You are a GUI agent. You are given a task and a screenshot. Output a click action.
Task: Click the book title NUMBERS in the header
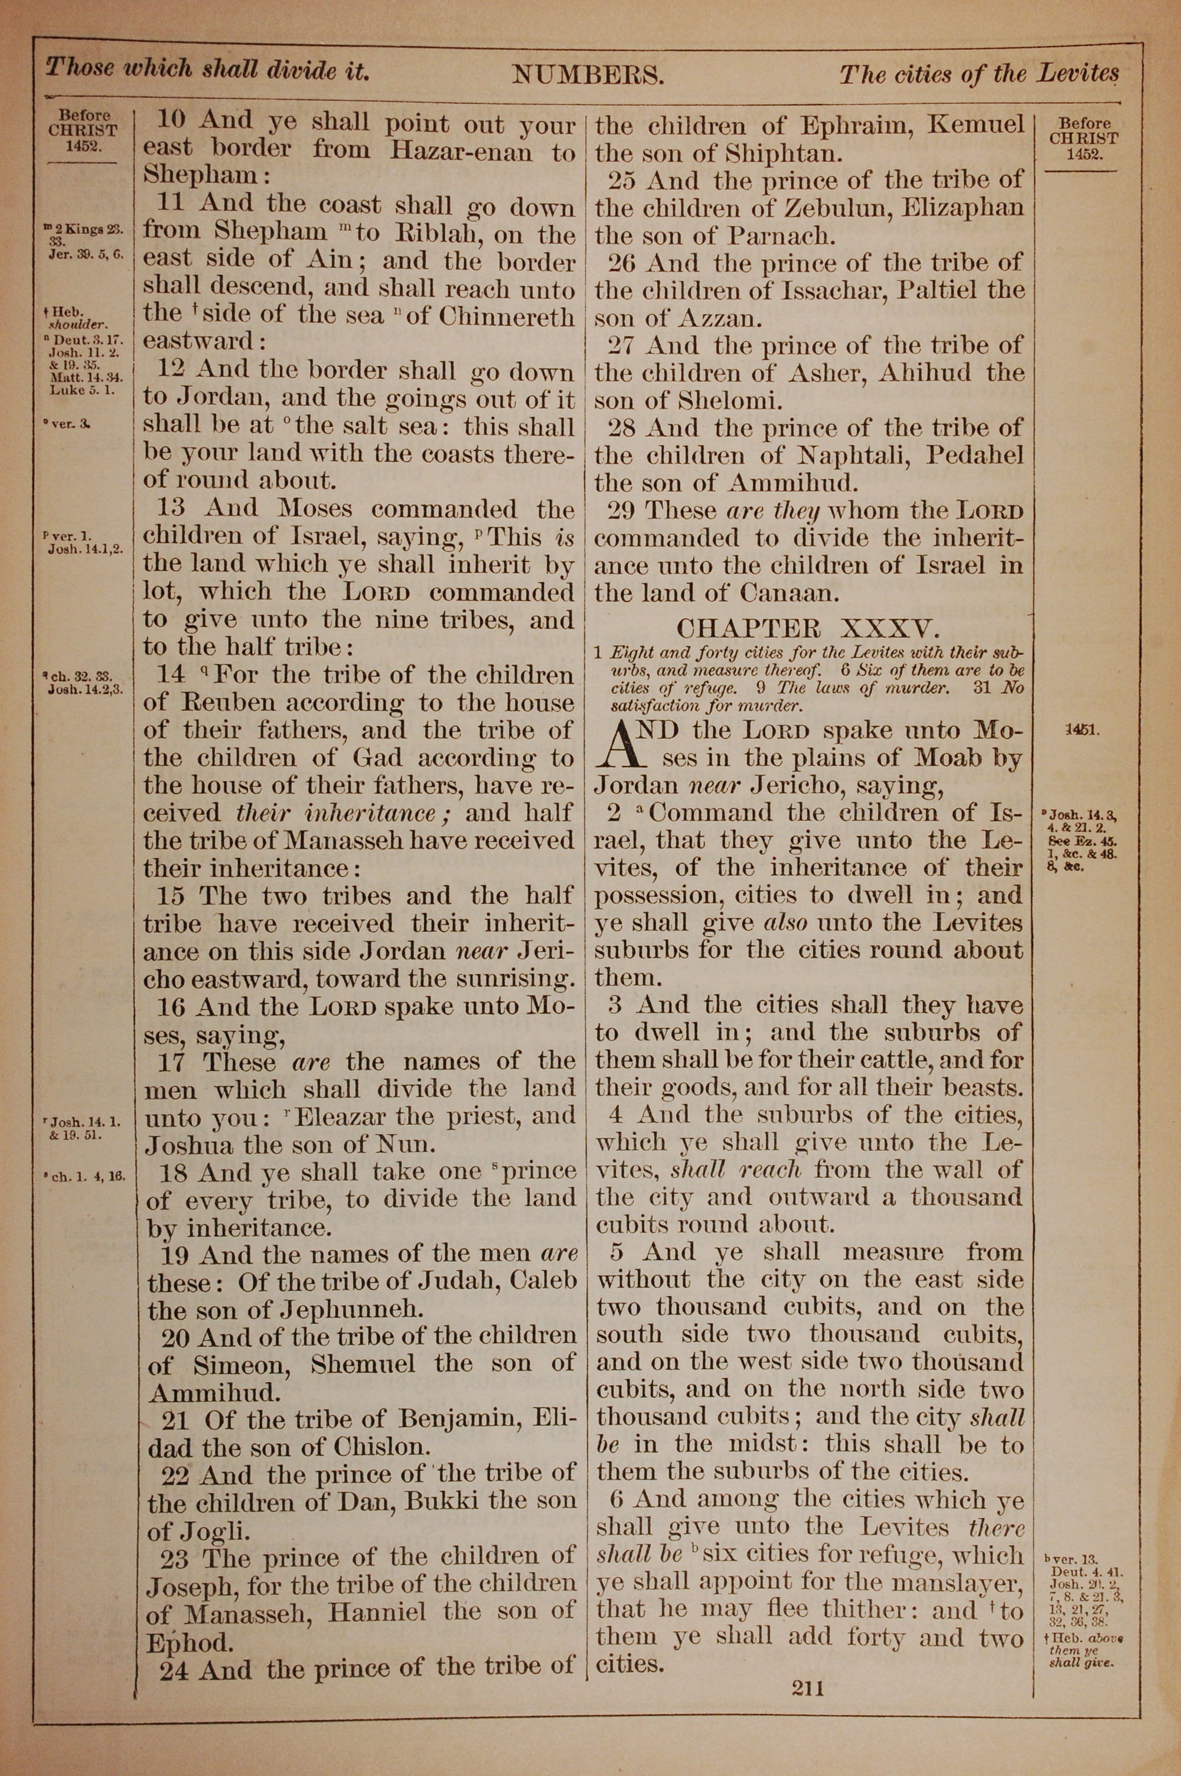click(x=588, y=74)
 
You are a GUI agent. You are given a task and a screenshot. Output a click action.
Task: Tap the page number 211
click(x=808, y=1688)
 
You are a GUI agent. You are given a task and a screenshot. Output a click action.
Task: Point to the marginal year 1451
click(x=1083, y=730)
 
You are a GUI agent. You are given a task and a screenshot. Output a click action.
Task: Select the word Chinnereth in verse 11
click(x=507, y=315)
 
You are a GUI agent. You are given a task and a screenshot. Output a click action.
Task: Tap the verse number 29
click(x=622, y=511)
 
